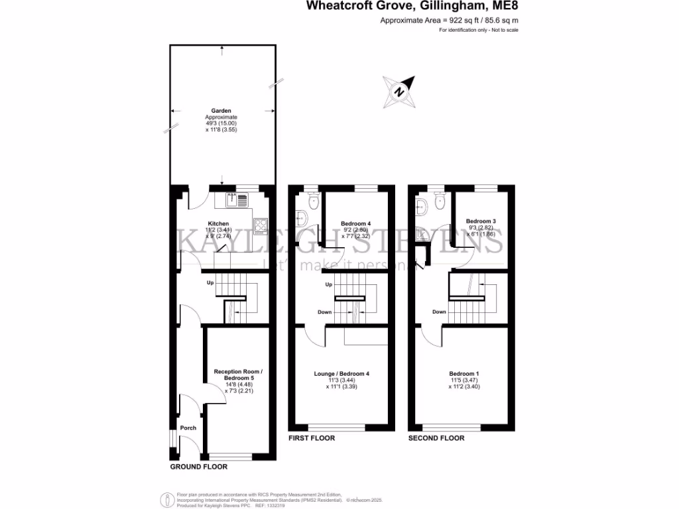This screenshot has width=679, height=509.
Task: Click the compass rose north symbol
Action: tap(399, 91)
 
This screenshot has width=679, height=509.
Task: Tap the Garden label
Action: tap(221, 111)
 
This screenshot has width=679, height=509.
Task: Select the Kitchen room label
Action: tap(218, 224)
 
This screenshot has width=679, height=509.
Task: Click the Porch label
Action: tap(188, 427)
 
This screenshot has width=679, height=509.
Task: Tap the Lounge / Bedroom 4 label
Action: tap(341, 374)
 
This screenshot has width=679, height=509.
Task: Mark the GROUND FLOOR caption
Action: tap(199, 467)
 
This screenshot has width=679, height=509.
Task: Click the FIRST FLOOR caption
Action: tap(312, 438)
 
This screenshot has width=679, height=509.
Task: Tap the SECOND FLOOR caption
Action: tap(436, 438)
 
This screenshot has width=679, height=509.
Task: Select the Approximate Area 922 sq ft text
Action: tap(449, 21)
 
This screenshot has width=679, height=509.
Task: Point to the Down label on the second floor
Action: tap(439, 311)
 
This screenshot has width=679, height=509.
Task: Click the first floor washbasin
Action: tap(302, 216)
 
